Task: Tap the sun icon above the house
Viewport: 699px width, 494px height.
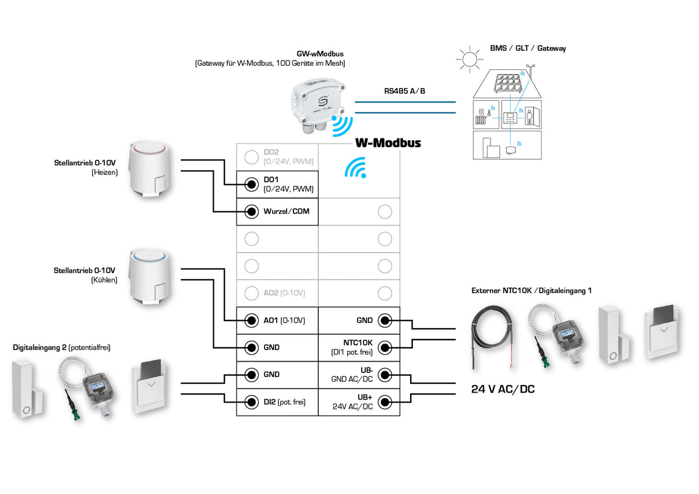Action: pyautogui.click(x=469, y=59)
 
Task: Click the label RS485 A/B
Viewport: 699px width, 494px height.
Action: pyautogui.click(x=404, y=91)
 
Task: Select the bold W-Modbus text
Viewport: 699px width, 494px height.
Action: pyautogui.click(x=388, y=143)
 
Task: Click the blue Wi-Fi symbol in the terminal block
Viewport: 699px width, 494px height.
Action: pyautogui.click(x=356, y=168)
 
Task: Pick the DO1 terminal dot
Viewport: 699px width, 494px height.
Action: pyautogui.click(x=251, y=185)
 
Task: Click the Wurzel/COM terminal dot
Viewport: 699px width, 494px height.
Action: pyautogui.click(x=251, y=211)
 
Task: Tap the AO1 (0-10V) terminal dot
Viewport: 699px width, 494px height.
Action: pyautogui.click(x=251, y=320)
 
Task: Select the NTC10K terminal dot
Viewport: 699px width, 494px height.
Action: pyautogui.click(x=384, y=348)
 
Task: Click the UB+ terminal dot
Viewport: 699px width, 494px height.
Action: pyautogui.click(x=384, y=401)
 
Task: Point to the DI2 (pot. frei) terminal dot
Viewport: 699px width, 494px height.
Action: pyautogui.click(x=251, y=401)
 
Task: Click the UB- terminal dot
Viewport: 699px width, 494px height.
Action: pyautogui.click(x=384, y=375)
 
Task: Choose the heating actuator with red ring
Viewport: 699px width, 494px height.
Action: pyautogui.click(x=152, y=169)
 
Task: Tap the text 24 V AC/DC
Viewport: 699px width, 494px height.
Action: pyautogui.click(x=503, y=389)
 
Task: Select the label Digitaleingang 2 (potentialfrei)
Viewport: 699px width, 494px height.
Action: pyautogui.click(x=62, y=347)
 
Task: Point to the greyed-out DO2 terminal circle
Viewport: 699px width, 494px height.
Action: pyautogui.click(x=251, y=157)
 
